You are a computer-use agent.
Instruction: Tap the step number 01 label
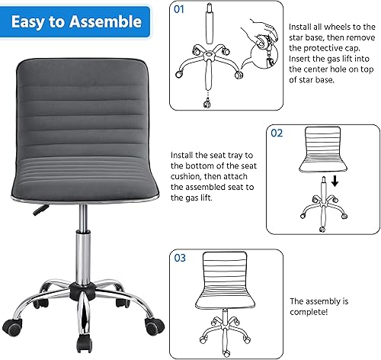(180, 11)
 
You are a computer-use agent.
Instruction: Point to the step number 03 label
(180, 258)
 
